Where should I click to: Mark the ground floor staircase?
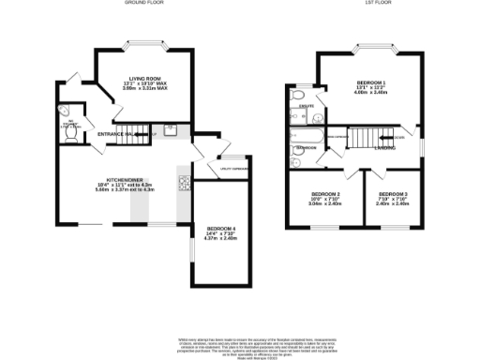138,132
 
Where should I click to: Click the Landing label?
383,148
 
